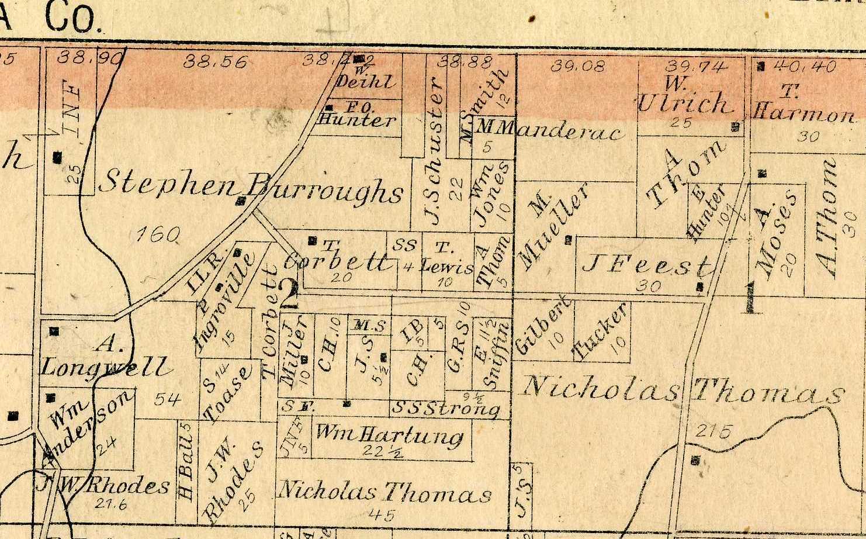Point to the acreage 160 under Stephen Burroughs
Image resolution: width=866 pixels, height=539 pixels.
point(157,235)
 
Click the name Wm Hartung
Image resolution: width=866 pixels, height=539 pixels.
point(389,434)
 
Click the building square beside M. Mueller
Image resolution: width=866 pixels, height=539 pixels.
point(567,239)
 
